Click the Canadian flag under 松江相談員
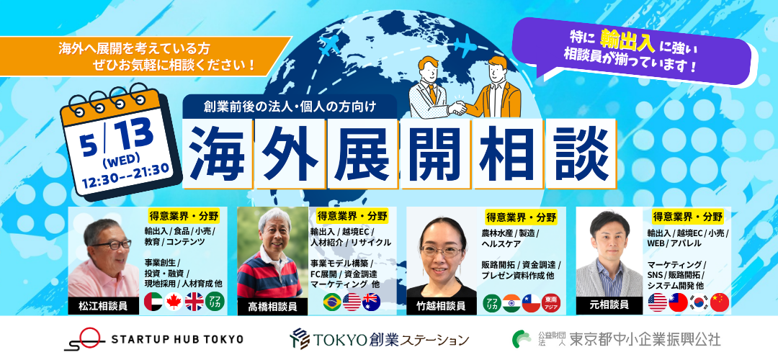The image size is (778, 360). coord(174,302)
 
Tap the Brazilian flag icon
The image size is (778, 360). coord(332,302)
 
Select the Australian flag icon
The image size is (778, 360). coord(371,302)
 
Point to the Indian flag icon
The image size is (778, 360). coord(511,303)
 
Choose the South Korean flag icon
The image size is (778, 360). coord(699,302)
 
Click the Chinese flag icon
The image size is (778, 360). coord(720,302)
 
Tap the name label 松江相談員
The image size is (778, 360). coord(103,305)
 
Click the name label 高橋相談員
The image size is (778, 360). coord(272,307)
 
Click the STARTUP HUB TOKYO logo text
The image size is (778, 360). coord(177,339)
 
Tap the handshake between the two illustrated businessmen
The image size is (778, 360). coord(458,107)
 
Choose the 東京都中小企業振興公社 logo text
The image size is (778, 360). coord(645,339)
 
